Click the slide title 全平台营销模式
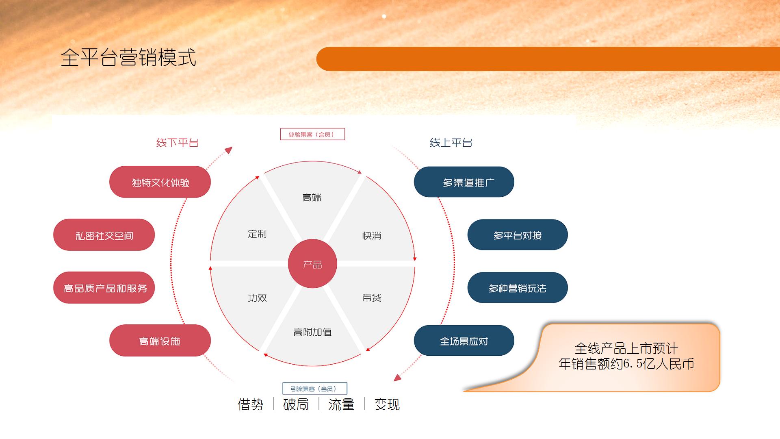pyautogui.click(x=128, y=57)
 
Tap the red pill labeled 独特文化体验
pyautogui.click(x=160, y=182)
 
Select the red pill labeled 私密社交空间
pyautogui.click(x=104, y=235)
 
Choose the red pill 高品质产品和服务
pyautogui.click(x=104, y=288)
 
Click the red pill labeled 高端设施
pyautogui.click(x=160, y=341)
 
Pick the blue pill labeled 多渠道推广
pyautogui.click(x=464, y=182)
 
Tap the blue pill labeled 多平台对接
pyautogui.click(x=518, y=235)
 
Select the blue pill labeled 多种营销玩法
pyautogui.click(x=518, y=288)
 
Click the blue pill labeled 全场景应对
pyautogui.click(x=464, y=341)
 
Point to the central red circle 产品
pyautogui.click(x=312, y=264)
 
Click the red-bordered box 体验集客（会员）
pyautogui.click(x=312, y=134)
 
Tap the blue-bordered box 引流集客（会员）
pyautogui.click(x=315, y=389)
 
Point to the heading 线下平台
pyautogui.click(x=178, y=143)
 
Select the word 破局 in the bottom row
pyautogui.click(x=296, y=404)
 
